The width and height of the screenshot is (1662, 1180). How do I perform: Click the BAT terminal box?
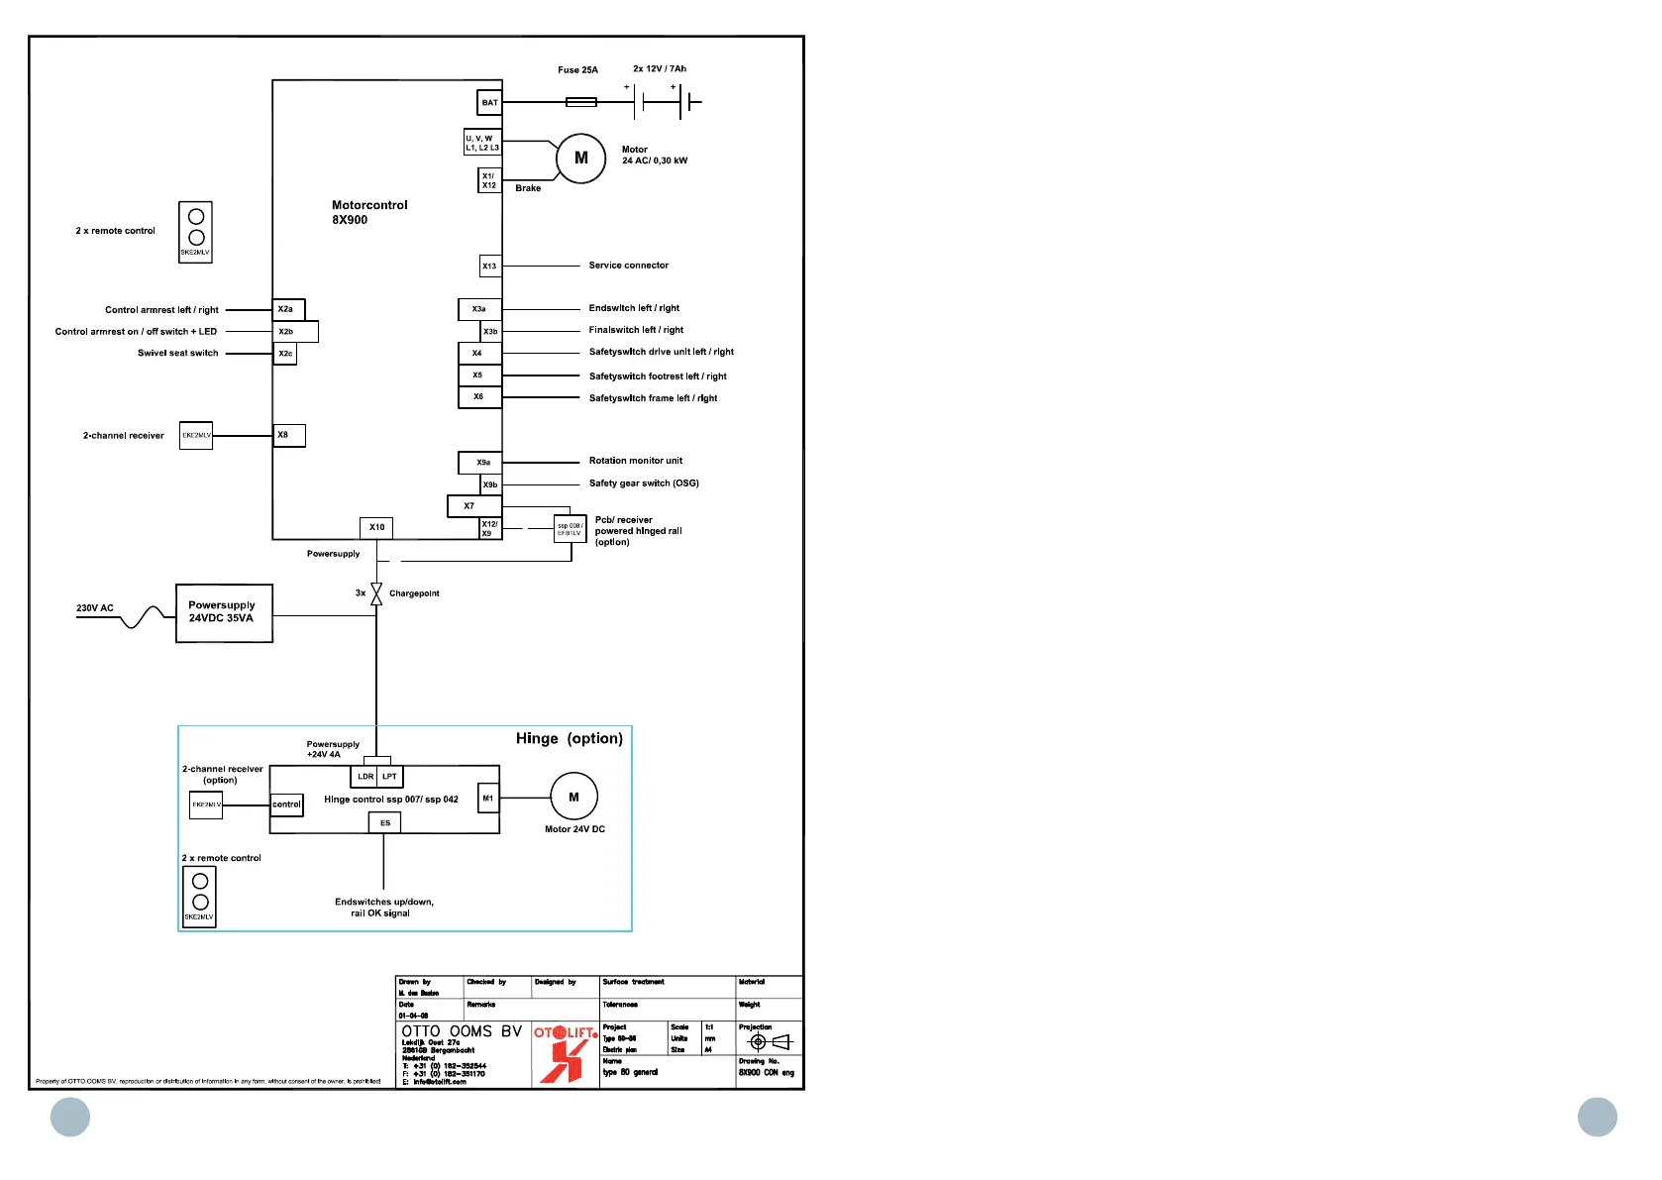pyautogui.click(x=490, y=102)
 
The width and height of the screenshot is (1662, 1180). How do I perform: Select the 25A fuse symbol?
pyautogui.click(x=580, y=102)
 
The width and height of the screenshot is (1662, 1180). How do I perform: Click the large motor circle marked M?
pyautogui.click(x=580, y=159)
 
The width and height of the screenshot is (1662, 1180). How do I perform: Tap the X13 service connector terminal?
pyautogui.click(x=489, y=266)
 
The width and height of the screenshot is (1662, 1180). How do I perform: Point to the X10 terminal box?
pyautogui.click(x=376, y=527)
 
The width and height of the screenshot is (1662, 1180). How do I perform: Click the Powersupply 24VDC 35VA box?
pyautogui.click(x=224, y=613)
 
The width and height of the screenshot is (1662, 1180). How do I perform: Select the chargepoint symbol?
pyautogui.click(x=376, y=593)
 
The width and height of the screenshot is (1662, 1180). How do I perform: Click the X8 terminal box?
pyautogui.click(x=289, y=435)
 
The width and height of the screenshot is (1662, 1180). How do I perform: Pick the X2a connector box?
pyautogui.click(x=288, y=309)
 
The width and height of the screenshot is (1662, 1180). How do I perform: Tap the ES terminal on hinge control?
pyautogui.click(x=385, y=822)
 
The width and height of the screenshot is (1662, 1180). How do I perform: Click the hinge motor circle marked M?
pyautogui.click(x=573, y=797)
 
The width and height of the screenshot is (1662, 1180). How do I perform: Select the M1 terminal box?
pyautogui.click(x=488, y=799)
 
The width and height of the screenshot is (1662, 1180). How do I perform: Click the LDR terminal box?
pyautogui.click(x=365, y=777)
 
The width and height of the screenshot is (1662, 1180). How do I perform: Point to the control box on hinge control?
pyautogui.click(x=287, y=805)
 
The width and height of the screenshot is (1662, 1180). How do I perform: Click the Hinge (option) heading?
pyautogui.click(x=569, y=738)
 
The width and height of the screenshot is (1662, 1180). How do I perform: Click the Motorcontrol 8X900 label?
pyautogui.click(x=369, y=212)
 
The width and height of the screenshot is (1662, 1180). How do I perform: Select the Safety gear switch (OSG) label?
pyautogui.click(x=644, y=483)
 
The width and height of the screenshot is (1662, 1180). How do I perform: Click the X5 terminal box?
pyautogui.click(x=479, y=375)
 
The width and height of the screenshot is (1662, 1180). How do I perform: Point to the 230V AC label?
pyautogui.click(x=95, y=608)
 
